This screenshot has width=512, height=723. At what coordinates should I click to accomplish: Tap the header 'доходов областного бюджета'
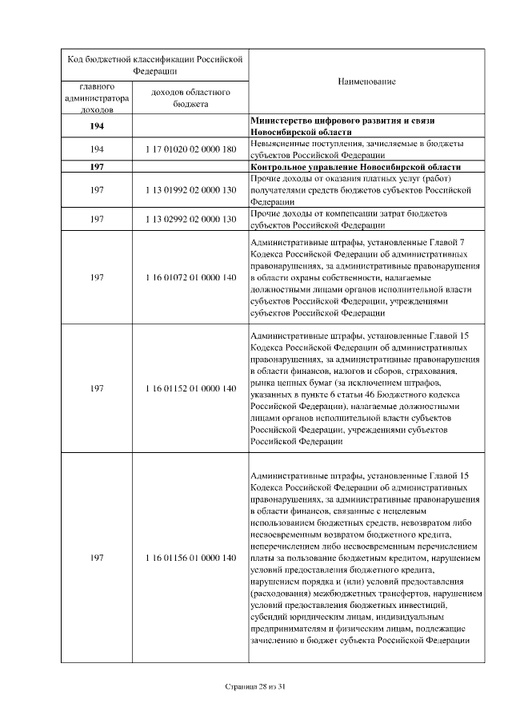click(x=190, y=98)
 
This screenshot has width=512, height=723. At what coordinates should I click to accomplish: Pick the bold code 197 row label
click(x=97, y=167)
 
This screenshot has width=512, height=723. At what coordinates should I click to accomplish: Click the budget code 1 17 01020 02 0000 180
click(x=190, y=149)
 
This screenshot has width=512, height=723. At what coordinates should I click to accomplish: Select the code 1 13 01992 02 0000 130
click(x=190, y=192)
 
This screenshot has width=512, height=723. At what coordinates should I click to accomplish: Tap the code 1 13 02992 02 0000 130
click(x=190, y=220)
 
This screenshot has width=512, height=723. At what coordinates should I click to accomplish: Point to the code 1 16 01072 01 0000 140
click(x=190, y=277)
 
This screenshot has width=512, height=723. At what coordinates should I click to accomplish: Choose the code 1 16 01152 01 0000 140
click(x=190, y=388)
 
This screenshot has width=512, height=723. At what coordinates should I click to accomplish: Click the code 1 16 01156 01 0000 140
click(x=190, y=557)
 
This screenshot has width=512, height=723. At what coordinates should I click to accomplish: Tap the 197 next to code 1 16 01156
click(x=97, y=557)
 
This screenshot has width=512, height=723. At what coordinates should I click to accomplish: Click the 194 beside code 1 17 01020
click(x=97, y=149)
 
